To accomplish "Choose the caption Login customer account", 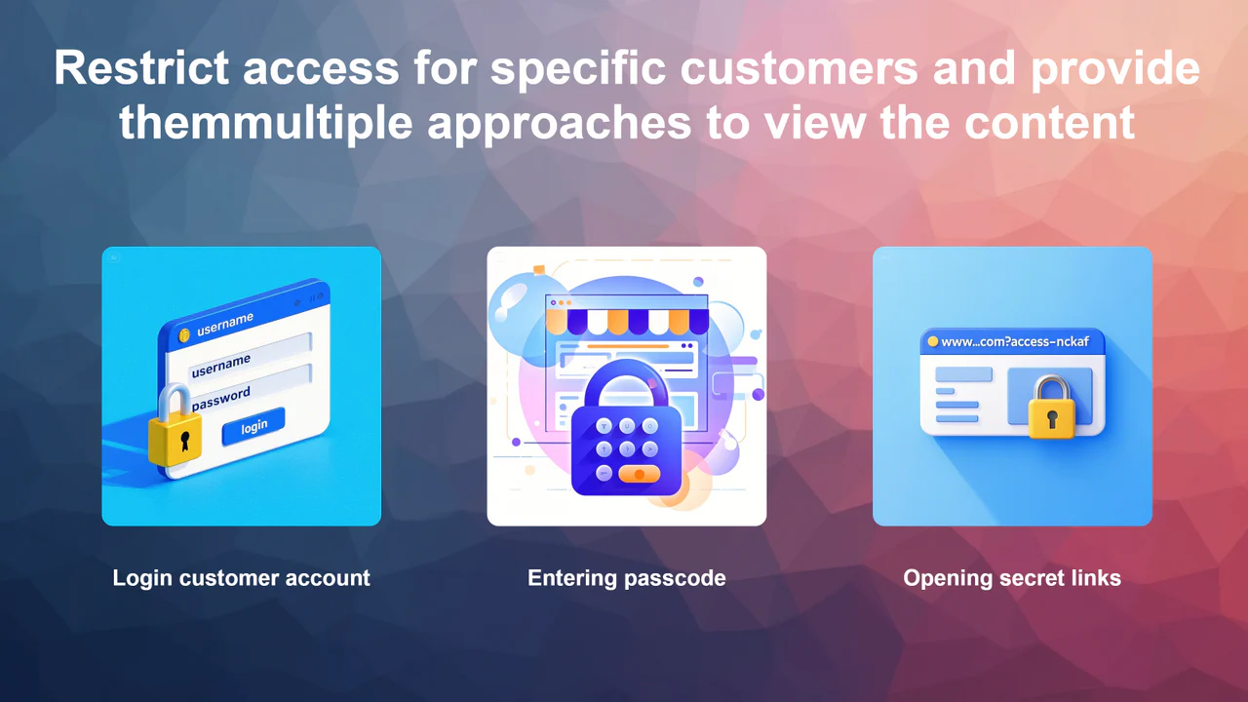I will pyautogui.click(x=241, y=578).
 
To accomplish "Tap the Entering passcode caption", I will pyautogui.click(x=627, y=578).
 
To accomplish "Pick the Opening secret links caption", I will pyautogui.click(x=1012, y=578).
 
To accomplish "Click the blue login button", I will pyautogui.click(x=253, y=426).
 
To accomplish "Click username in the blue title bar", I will pyautogui.click(x=225, y=324).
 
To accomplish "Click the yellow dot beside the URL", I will pyautogui.click(x=933, y=341).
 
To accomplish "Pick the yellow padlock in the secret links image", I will pyautogui.click(x=1050, y=409).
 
